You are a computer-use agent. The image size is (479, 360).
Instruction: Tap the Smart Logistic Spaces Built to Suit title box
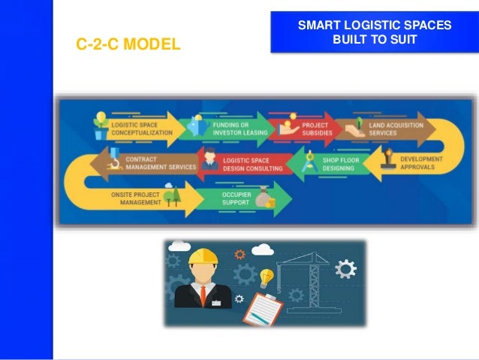click(375, 32)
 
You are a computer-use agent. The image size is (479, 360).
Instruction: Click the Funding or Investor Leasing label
click(230, 129)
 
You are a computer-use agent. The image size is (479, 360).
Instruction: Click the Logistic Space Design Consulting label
click(252, 165)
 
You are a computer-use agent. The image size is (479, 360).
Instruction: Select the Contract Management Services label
click(160, 164)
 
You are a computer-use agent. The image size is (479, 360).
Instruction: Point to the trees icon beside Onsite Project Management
click(172, 197)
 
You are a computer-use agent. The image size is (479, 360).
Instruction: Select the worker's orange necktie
click(203, 295)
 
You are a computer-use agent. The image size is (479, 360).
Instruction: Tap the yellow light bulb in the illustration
click(266, 277)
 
